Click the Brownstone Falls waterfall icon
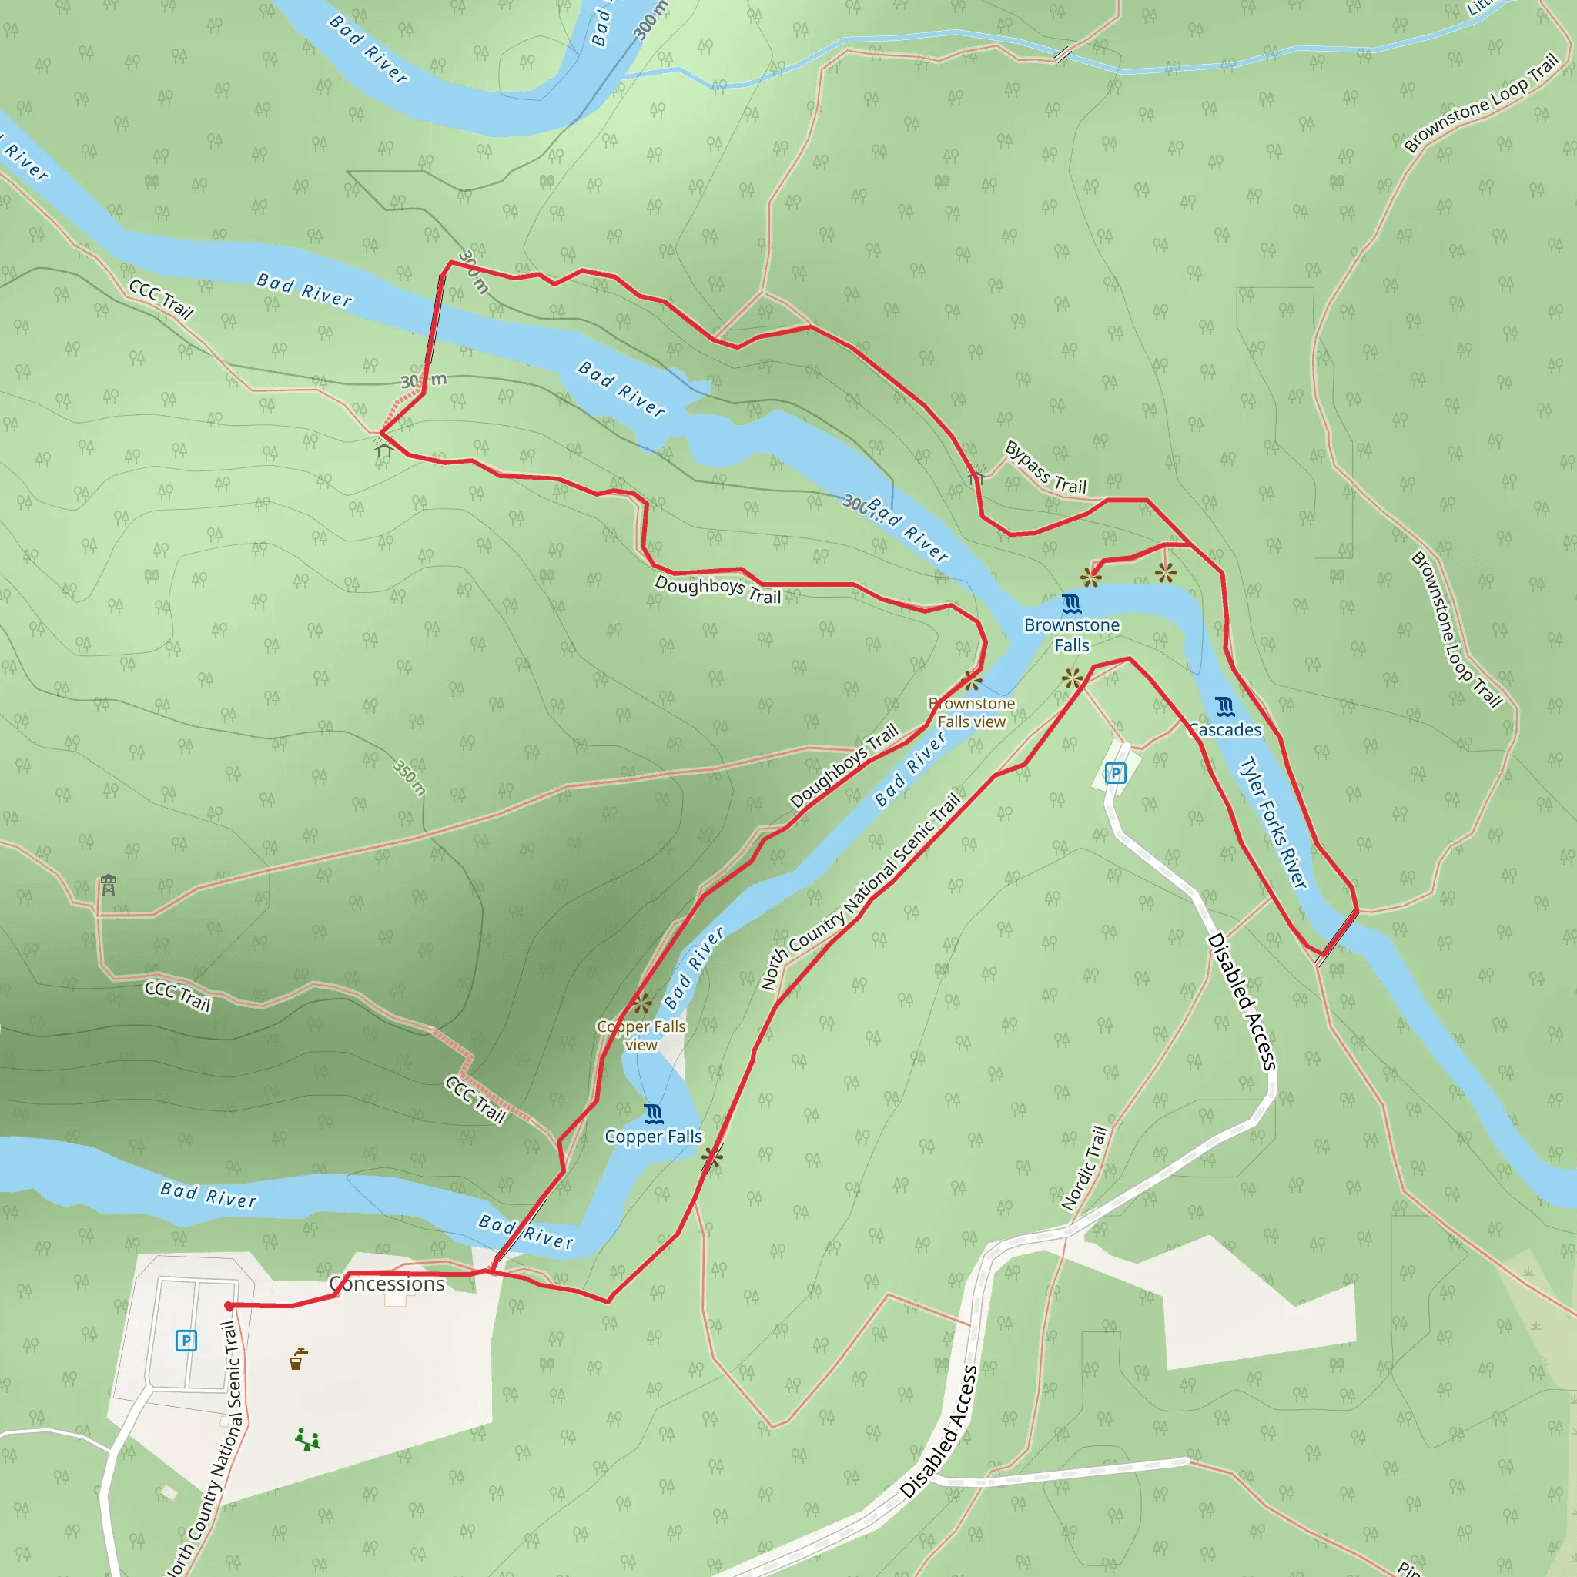click(1071, 604)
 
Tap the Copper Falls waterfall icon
click(653, 1114)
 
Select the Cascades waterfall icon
click(1224, 706)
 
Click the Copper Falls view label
click(641, 1035)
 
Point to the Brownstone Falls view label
click(971, 712)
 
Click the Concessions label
click(387, 1284)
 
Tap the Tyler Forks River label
click(1274, 823)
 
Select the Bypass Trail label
click(1046, 467)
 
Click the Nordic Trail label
click(1084, 1168)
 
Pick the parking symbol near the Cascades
click(1115, 773)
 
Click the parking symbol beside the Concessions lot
click(186, 1341)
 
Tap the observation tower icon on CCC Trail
click(109, 885)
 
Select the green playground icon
click(307, 1439)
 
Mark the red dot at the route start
click(229, 1306)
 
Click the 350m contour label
click(409, 777)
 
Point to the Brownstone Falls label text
click(1071, 635)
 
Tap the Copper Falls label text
click(653, 1137)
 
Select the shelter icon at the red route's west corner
click(383, 449)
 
